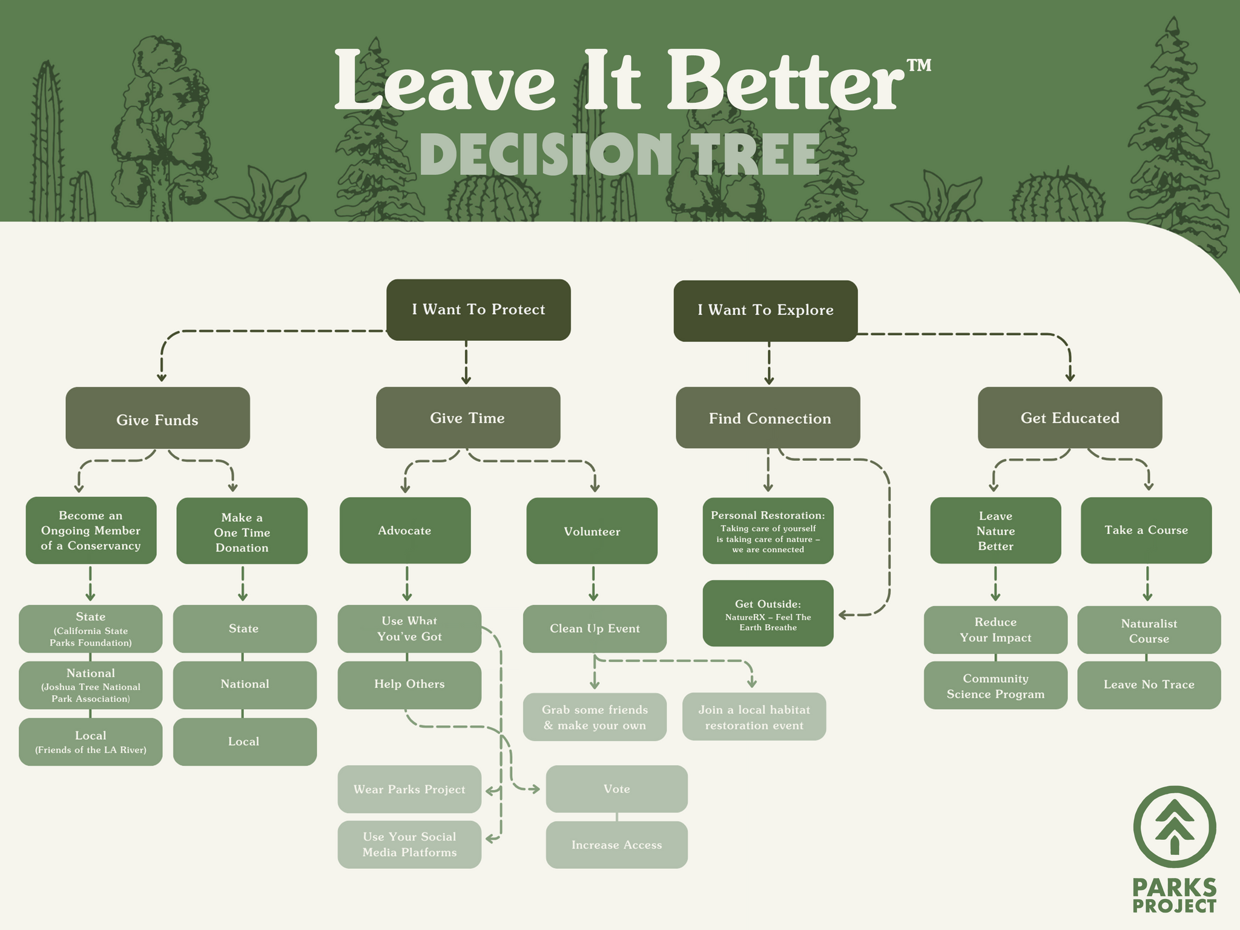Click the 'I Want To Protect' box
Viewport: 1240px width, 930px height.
click(x=478, y=309)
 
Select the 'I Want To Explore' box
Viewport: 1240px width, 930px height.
click(x=765, y=311)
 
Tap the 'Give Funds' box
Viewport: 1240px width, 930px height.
click(x=157, y=418)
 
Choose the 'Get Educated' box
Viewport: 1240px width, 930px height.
click(x=1070, y=418)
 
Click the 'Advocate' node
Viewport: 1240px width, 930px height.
click(x=405, y=530)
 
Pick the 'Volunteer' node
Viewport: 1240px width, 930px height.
click(x=592, y=531)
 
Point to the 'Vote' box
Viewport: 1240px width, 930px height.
click(x=616, y=789)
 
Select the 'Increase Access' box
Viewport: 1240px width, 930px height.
click(x=616, y=845)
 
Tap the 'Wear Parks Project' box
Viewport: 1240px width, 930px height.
click(x=409, y=789)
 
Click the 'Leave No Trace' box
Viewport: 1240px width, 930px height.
click(x=1149, y=685)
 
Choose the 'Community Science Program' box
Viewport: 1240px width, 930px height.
click(x=995, y=685)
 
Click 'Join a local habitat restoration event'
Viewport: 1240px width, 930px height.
click(x=754, y=717)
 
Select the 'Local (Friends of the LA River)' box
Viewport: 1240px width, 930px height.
click(x=91, y=742)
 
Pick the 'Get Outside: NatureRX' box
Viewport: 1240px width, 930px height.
click(x=768, y=613)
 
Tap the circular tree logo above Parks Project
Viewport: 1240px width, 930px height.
click(x=1175, y=827)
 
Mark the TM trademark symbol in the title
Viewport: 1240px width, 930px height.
click(x=919, y=65)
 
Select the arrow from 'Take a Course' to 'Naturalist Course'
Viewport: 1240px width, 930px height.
click(x=1147, y=584)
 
